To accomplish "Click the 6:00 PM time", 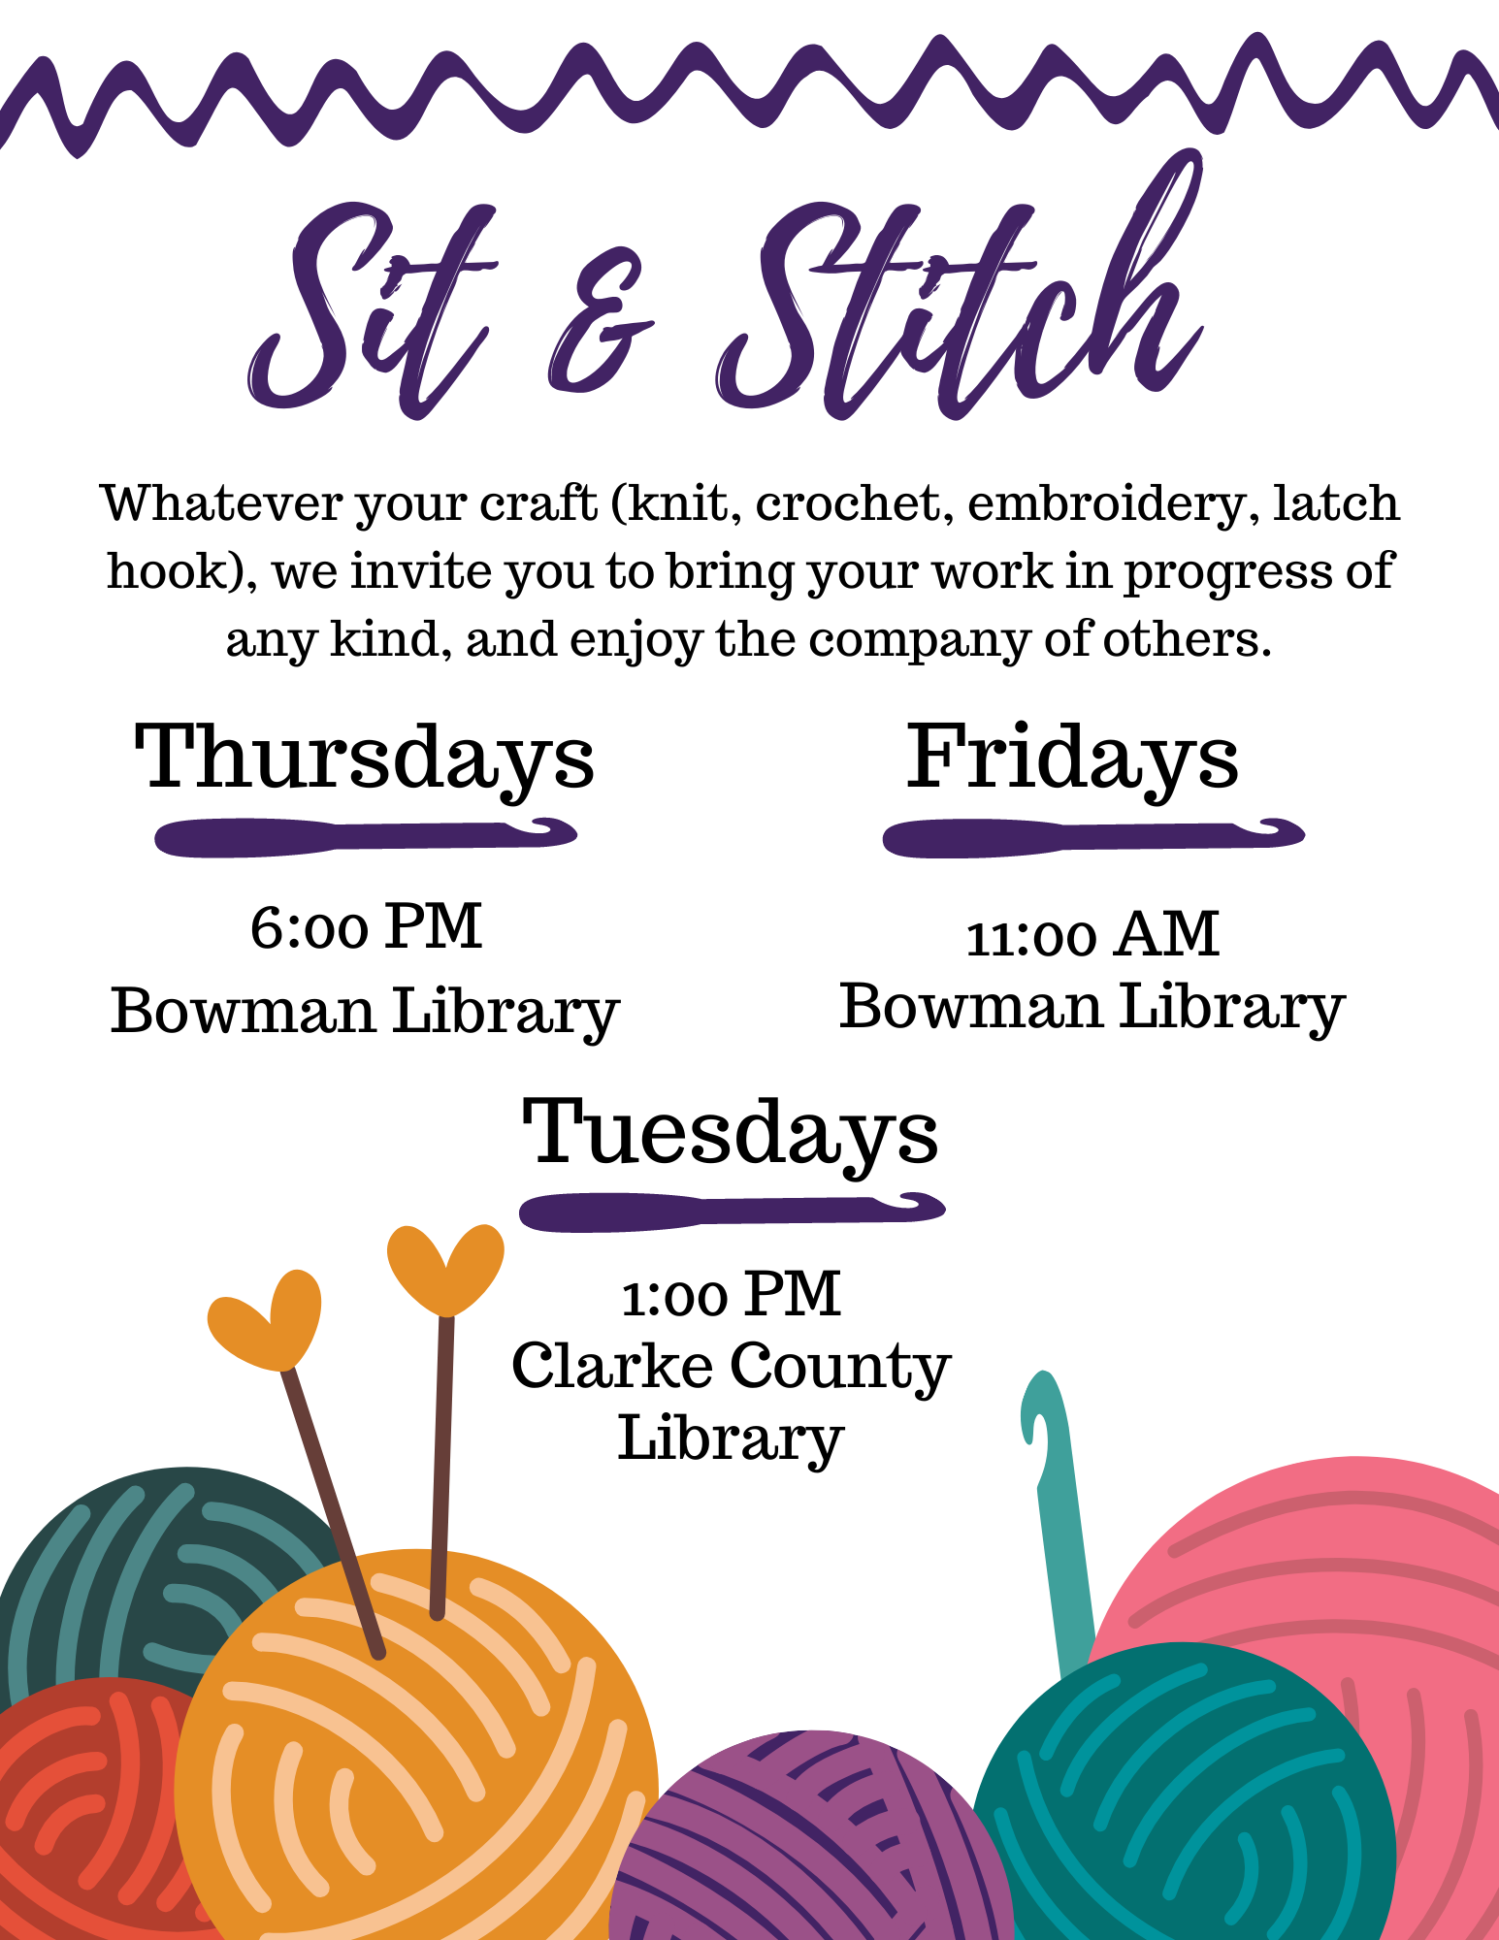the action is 366,926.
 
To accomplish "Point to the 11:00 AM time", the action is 1092,935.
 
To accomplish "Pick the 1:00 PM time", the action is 731,1294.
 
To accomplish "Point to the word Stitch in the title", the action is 961,291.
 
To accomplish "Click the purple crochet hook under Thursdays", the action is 366,836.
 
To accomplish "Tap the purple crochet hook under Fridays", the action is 1093,837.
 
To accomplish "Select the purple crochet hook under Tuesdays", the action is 733,1211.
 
